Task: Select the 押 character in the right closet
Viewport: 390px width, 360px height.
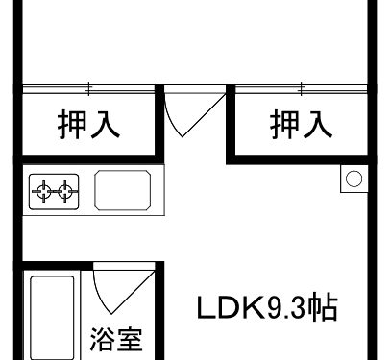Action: pyautogui.click(x=286, y=124)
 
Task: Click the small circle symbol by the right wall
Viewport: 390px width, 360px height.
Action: pyautogui.click(x=353, y=178)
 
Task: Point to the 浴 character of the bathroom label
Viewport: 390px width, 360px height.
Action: pyautogui.click(x=103, y=340)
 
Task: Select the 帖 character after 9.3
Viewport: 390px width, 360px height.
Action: pyautogui.click(x=324, y=309)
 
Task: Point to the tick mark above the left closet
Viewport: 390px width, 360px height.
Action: pyautogui.click(x=88, y=89)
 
